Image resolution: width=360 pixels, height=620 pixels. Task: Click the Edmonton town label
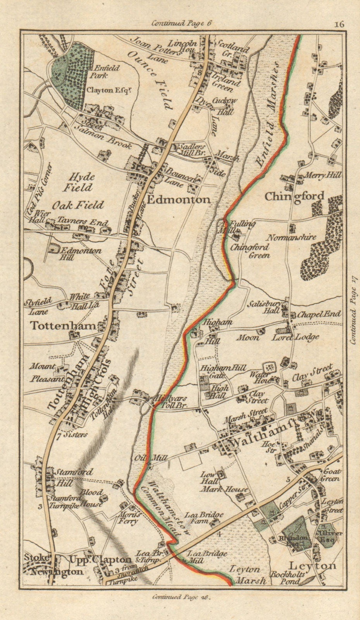[x=178, y=200]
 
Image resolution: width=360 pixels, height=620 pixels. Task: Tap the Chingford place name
[x=295, y=196]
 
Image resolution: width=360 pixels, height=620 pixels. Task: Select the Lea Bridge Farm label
[x=204, y=518]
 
